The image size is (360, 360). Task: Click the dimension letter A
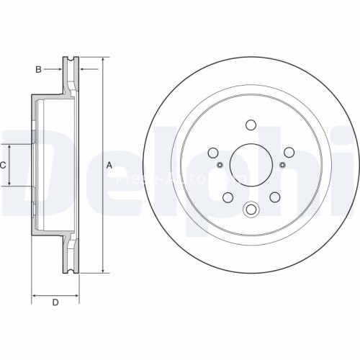pos(109,165)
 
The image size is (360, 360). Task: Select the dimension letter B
pos(38,69)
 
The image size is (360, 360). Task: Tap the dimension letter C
pos(4,165)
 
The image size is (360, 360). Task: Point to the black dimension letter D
pos(55,303)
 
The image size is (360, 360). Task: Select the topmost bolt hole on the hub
pos(251,125)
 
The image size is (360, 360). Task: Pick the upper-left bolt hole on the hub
pos(213,152)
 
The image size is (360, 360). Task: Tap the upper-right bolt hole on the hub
pos(289,152)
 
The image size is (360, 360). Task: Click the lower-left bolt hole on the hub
pos(227,198)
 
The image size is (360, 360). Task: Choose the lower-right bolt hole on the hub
pos(275,198)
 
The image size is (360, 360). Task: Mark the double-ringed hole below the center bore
pos(251,210)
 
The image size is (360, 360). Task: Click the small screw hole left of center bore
pos(221,166)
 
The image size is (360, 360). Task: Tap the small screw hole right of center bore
pos(282,166)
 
